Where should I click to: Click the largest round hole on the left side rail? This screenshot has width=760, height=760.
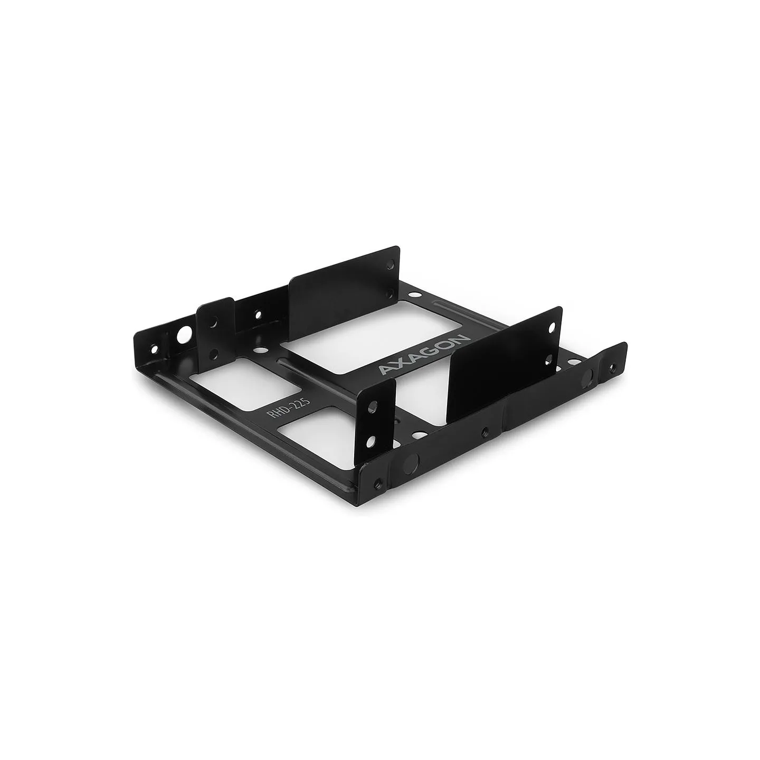(183, 325)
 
